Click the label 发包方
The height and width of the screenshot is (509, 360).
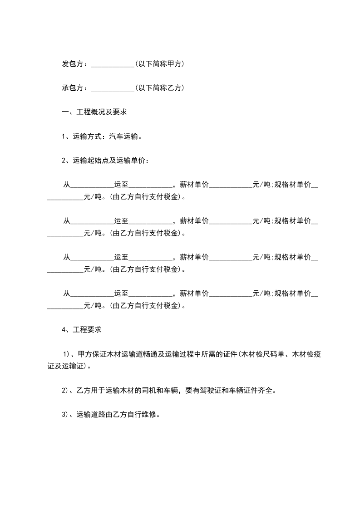click(x=72, y=64)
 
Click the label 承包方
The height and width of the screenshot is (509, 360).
click(x=72, y=88)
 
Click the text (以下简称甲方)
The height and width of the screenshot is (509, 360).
click(x=159, y=64)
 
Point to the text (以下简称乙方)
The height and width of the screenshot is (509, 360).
click(x=159, y=88)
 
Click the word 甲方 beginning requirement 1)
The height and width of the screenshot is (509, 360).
click(x=85, y=354)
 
